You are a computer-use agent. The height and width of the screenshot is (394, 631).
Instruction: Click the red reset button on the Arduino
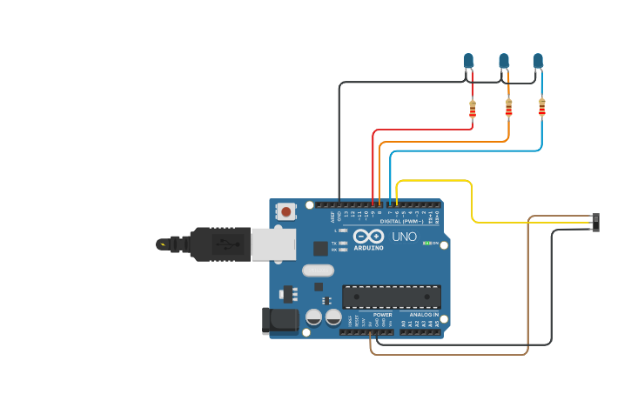coord(286,210)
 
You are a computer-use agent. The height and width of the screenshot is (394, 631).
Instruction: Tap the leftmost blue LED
coord(469,61)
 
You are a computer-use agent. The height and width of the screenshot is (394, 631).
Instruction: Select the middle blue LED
coord(504,61)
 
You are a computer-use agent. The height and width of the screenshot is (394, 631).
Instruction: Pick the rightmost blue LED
coord(538,61)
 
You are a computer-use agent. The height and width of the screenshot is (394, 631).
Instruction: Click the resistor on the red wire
coord(473,109)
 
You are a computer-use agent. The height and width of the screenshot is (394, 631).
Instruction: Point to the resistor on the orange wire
coord(508,108)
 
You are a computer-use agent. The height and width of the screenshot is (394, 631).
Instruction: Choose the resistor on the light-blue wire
coord(541,107)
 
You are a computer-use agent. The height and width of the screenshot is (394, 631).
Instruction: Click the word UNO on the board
coord(404,237)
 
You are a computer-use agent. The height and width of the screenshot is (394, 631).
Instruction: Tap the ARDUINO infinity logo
coord(368,237)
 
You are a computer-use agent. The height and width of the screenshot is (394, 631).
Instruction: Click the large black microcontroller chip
coord(391,297)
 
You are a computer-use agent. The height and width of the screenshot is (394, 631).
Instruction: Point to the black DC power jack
coord(280,320)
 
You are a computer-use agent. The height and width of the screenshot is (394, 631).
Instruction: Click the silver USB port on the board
coord(273,244)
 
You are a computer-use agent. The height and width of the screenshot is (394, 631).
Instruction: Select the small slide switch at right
coord(595,222)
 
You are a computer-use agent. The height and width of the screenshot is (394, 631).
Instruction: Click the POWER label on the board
coord(382,315)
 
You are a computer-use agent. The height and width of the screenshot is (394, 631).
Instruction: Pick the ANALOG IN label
coord(425,315)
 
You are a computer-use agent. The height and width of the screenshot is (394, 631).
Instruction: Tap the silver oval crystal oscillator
coord(319,270)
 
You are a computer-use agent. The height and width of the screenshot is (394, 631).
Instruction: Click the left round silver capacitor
coord(313,317)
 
